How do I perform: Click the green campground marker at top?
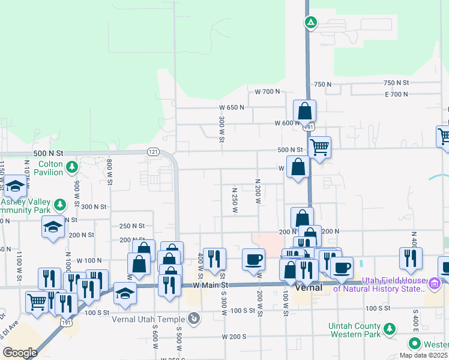click(311, 23)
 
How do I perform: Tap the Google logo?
click(19, 352)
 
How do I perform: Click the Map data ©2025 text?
click(423, 355)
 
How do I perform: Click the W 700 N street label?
click(267, 92)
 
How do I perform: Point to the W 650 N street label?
click(231, 107)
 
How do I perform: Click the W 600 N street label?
click(287, 123)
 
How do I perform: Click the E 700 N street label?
click(396, 94)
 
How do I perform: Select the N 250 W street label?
click(235, 200)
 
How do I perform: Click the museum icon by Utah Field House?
click(435, 282)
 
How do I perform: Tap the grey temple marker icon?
click(194, 318)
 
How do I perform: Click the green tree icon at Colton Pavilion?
click(71, 166)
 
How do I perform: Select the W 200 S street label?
click(234, 337)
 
